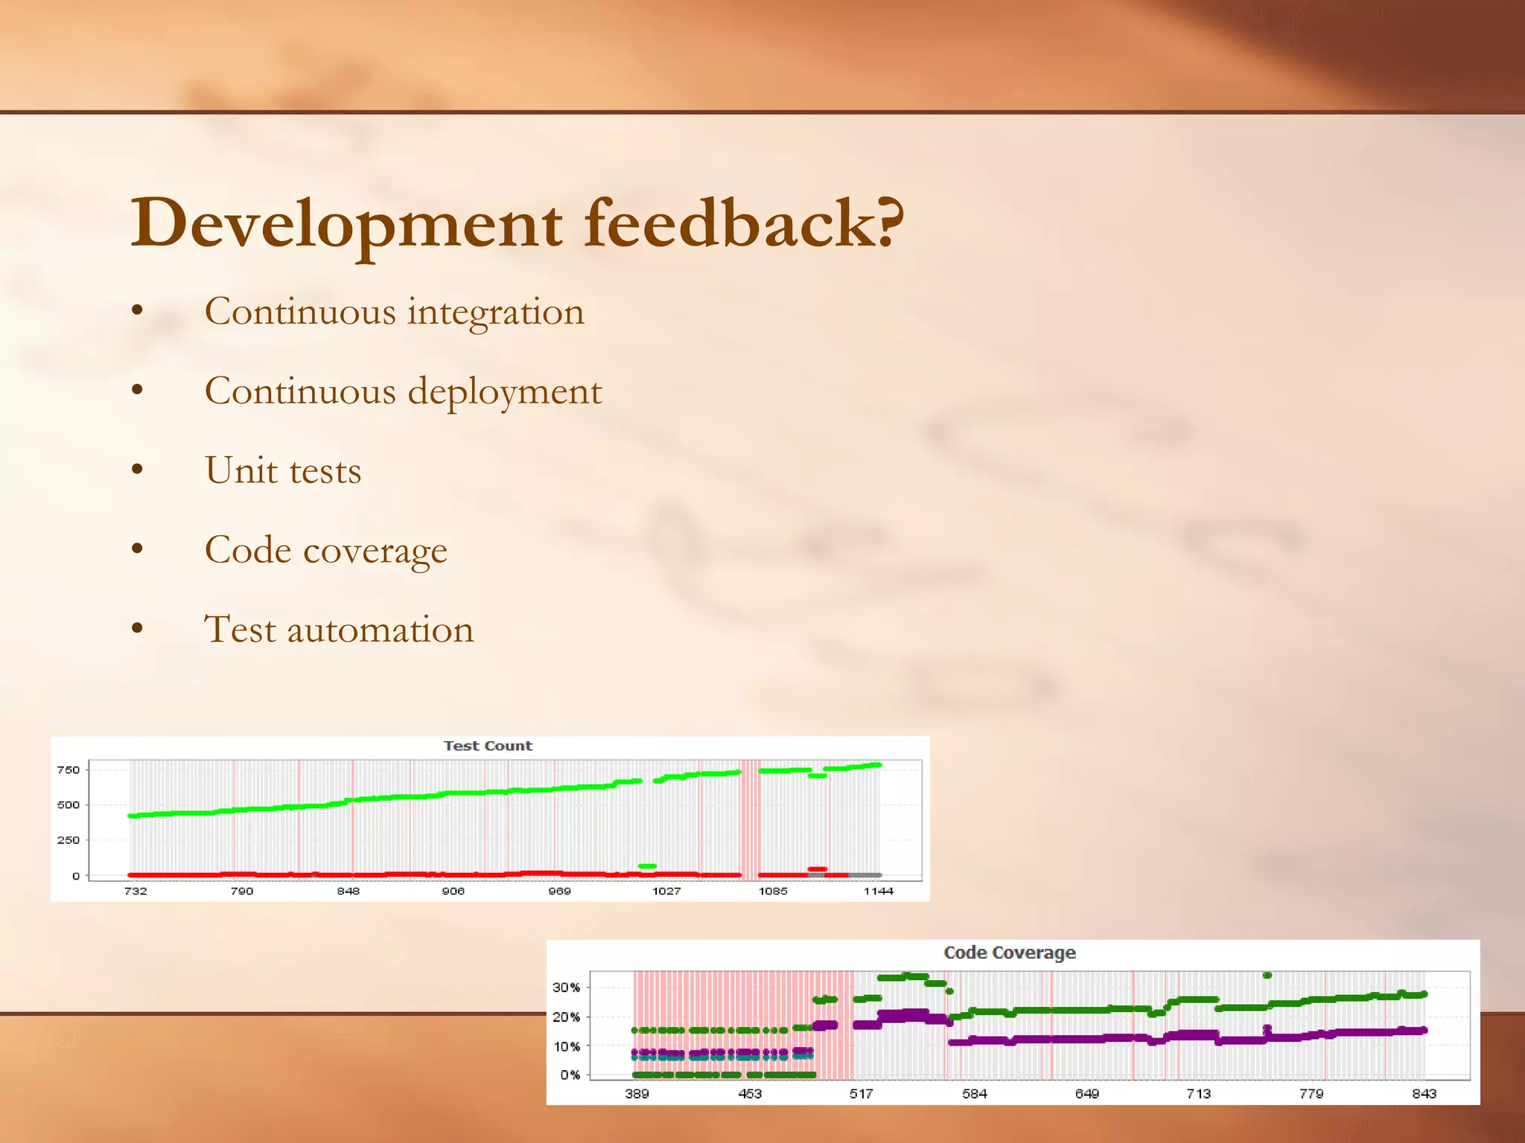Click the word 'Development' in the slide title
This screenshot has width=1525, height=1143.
pyautogui.click(x=347, y=223)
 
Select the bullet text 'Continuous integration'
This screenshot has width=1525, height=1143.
pyautogui.click(x=395, y=311)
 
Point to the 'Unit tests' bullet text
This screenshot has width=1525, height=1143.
pyautogui.click(x=283, y=470)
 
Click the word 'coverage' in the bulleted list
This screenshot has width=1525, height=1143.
pyautogui.click(x=375, y=551)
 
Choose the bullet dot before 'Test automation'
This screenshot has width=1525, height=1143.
pyautogui.click(x=137, y=628)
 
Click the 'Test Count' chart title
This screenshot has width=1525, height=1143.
pyautogui.click(x=488, y=746)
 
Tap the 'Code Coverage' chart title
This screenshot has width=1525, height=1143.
pyautogui.click(x=1009, y=952)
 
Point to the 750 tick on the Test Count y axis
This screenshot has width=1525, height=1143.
pyautogui.click(x=68, y=769)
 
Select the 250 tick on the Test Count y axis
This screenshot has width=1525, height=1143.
pyautogui.click(x=68, y=840)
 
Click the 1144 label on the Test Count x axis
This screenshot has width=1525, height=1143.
pyautogui.click(x=878, y=891)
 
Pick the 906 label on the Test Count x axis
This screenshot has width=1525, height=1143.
pyautogui.click(x=453, y=891)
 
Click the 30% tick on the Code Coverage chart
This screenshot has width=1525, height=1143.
pyautogui.click(x=566, y=987)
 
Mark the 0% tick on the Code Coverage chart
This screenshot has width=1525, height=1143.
pyautogui.click(x=570, y=1075)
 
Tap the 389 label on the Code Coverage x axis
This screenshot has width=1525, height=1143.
pyautogui.click(x=637, y=1093)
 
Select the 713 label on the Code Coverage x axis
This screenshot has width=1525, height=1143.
pyautogui.click(x=1198, y=1093)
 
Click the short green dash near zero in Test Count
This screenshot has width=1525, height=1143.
pyautogui.click(x=647, y=866)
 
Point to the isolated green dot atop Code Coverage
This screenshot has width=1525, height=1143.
pyautogui.click(x=1267, y=975)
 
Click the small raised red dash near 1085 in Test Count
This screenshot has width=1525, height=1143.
pyautogui.click(x=817, y=868)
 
